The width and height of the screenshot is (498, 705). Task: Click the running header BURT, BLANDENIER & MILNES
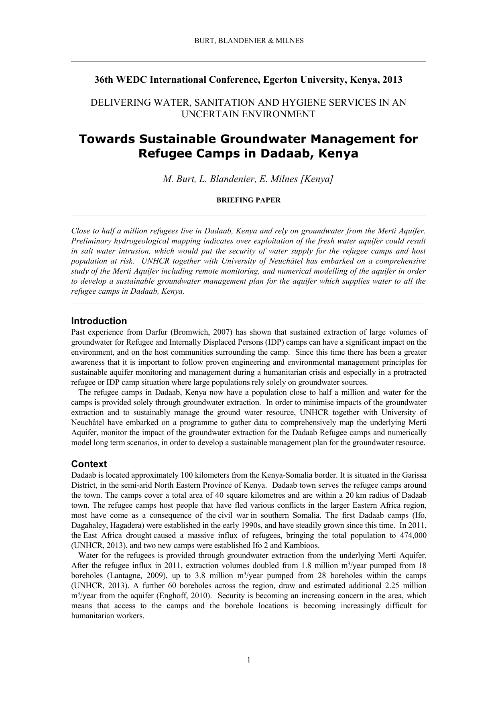(x=249, y=41)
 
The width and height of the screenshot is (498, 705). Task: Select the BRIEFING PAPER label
(x=248, y=200)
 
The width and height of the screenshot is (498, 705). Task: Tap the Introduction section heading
(x=99, y=321)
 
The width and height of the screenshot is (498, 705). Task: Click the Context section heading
(x=89, y=464)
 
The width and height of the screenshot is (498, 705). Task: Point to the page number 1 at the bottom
(x=249, y=660)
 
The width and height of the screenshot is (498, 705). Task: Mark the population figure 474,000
(x=413, y=535)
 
